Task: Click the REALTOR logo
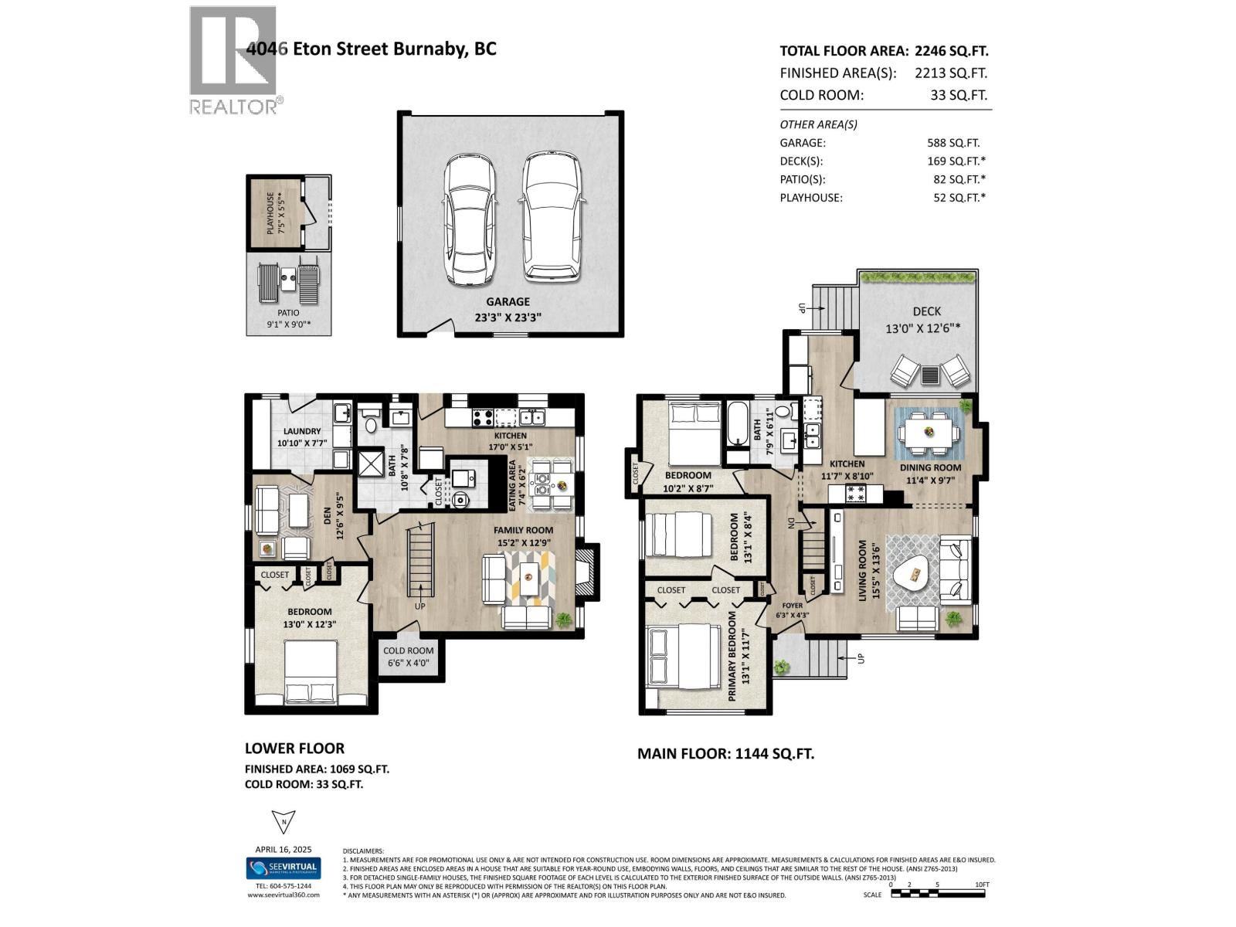pos(233,59)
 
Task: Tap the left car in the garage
pos(469,219)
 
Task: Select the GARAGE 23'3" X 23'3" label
pos(508,309)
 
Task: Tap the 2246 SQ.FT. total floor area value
pos(951,51)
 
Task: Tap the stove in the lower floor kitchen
pos(483,418)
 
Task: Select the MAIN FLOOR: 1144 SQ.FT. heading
pos(725,753)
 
